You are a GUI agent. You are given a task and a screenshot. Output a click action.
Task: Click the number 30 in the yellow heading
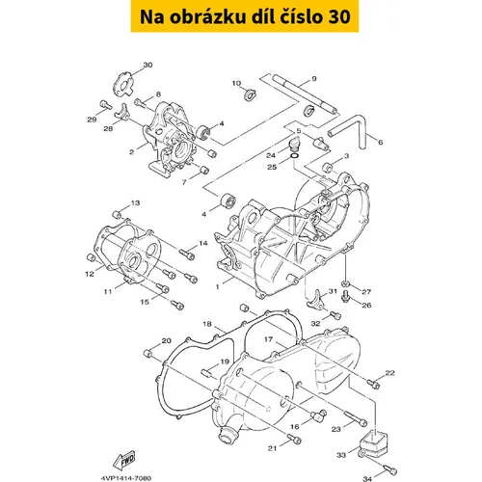pos(339,17)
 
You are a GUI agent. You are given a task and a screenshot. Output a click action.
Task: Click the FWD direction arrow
pos(123,460)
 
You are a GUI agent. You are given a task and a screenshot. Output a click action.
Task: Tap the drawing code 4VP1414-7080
pos(126,478)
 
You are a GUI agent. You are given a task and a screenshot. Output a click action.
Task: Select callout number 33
pos(341,455)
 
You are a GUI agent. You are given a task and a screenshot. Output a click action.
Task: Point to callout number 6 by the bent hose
pos(381,142)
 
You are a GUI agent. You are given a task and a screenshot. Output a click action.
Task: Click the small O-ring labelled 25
pos(295,156)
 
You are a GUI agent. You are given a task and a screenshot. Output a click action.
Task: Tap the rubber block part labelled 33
pos(374,442)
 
